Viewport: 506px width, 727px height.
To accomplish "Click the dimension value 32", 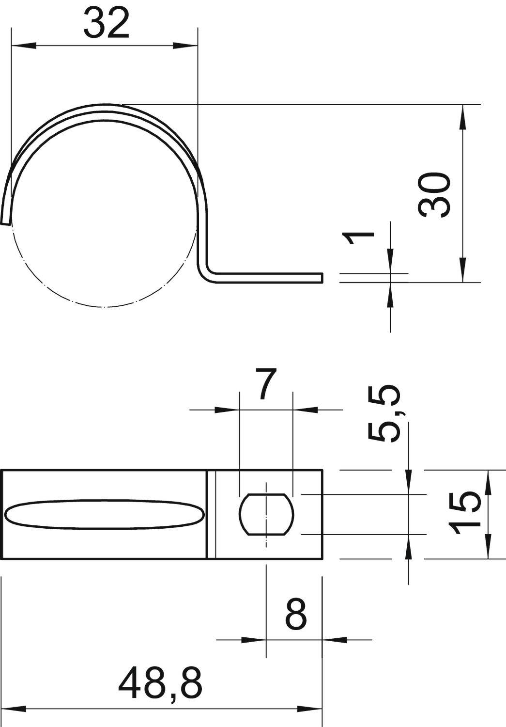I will [x=107, y=23].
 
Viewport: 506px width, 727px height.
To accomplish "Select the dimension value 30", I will [x=434, y=194].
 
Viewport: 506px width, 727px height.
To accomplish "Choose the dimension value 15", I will [x=465, y=513].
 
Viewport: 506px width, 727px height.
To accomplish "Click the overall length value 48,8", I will [x=160, y=682].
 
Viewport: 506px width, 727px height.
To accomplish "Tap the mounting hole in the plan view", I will [x=266, y=514].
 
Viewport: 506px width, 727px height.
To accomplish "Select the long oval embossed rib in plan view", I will [x=104, y=514].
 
